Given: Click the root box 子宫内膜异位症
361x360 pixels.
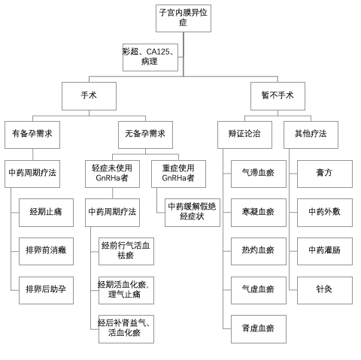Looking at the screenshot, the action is (184, 18).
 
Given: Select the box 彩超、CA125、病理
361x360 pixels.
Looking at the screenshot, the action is (150, 57).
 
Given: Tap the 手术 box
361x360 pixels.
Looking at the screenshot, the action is (89, 96).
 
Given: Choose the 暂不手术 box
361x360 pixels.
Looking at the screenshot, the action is (278, 96).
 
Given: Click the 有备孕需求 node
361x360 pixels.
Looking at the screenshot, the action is (32, 135).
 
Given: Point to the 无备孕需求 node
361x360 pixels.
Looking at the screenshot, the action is (145, 135).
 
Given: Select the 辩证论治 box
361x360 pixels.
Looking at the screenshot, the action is (244, 135).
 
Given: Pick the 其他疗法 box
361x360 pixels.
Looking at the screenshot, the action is (311, 135).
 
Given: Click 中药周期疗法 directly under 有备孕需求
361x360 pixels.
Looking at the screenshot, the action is (32, 174).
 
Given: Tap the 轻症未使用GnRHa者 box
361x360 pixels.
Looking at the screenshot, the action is (112, 174).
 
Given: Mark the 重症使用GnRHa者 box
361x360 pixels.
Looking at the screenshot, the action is (178, 174).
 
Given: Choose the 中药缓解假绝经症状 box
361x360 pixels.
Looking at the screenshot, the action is (193, 213).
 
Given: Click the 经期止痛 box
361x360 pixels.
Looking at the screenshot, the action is (46, 213).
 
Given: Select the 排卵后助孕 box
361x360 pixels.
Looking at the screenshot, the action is (46, 290).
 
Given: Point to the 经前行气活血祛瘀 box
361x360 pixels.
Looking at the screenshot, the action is (126, 251).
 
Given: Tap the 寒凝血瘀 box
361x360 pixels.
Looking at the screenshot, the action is (259, 213).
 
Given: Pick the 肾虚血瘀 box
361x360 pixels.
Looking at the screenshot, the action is (259, 329).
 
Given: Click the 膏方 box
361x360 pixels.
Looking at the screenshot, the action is (325, 174).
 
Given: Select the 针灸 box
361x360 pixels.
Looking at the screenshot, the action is (325, 290).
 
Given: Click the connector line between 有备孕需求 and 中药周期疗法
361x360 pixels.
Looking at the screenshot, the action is (32, 155).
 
